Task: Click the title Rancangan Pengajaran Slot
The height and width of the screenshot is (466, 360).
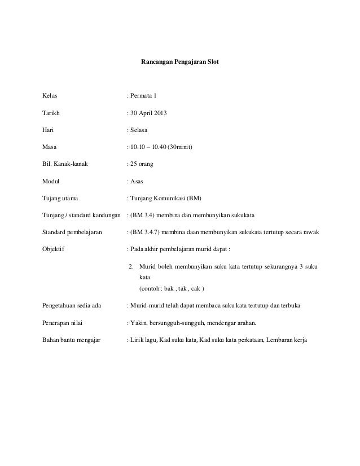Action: click(x=179, y=58)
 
